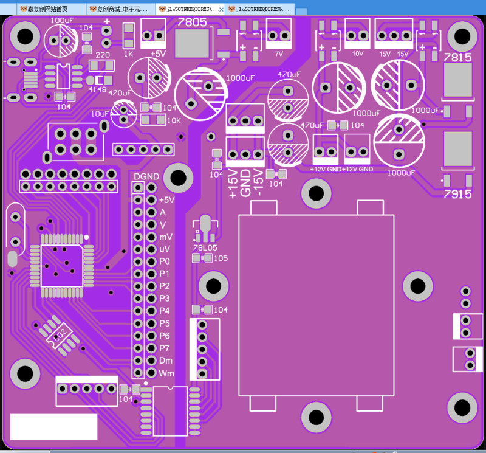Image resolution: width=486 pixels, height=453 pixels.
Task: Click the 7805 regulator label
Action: coord(192,21)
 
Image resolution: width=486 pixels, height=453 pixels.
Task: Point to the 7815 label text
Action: coord(457,57)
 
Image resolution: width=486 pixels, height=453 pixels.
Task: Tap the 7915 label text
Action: coord(457,194)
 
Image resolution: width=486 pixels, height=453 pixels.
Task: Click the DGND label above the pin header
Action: coord(146,176)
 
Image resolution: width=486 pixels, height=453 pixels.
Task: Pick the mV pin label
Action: coord(166,237)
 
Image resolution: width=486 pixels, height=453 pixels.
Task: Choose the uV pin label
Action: coord(165,249)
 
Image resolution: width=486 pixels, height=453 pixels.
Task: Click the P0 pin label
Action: coord(165,261)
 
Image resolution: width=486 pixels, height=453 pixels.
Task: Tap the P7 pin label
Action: coord(165,348)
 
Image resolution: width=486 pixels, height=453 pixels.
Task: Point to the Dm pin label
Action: coord(166,360)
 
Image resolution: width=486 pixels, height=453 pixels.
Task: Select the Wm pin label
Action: coord(166,373)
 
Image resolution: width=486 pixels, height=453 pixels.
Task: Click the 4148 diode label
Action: coord(97,89)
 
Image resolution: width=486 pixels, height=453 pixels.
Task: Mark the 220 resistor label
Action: coord(103,55)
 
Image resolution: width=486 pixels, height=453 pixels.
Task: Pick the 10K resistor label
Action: coord(174,120)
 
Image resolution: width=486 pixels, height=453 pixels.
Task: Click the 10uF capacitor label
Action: coord(100,114)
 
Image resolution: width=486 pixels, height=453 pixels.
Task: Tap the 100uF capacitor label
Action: coord(63,20)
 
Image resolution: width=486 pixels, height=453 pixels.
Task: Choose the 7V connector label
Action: coord(279,54)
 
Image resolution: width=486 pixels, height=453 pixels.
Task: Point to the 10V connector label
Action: coord(358,54)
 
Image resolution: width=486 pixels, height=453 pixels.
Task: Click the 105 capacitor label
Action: coord(221,258)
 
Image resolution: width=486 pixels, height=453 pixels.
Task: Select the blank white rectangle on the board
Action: coord(53,426)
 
